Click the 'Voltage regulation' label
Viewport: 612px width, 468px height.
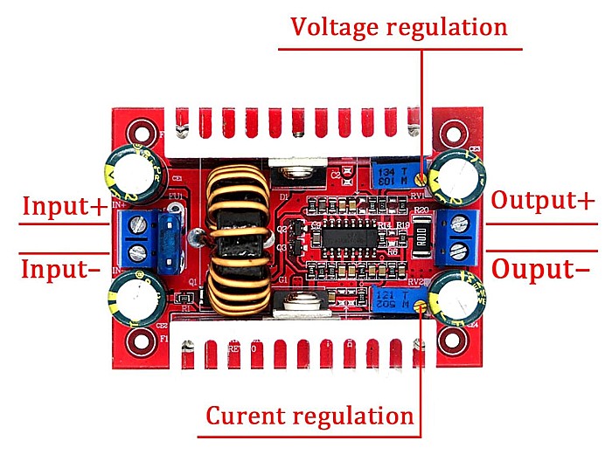pos(399,26)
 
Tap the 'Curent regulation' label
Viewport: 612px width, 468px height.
pos(309,416)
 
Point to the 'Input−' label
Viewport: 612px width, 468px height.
pos(60,268)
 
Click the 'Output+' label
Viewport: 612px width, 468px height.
pos(542,200)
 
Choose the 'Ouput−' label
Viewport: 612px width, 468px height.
pos(540,269)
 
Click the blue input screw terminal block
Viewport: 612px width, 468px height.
pos(138,238)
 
